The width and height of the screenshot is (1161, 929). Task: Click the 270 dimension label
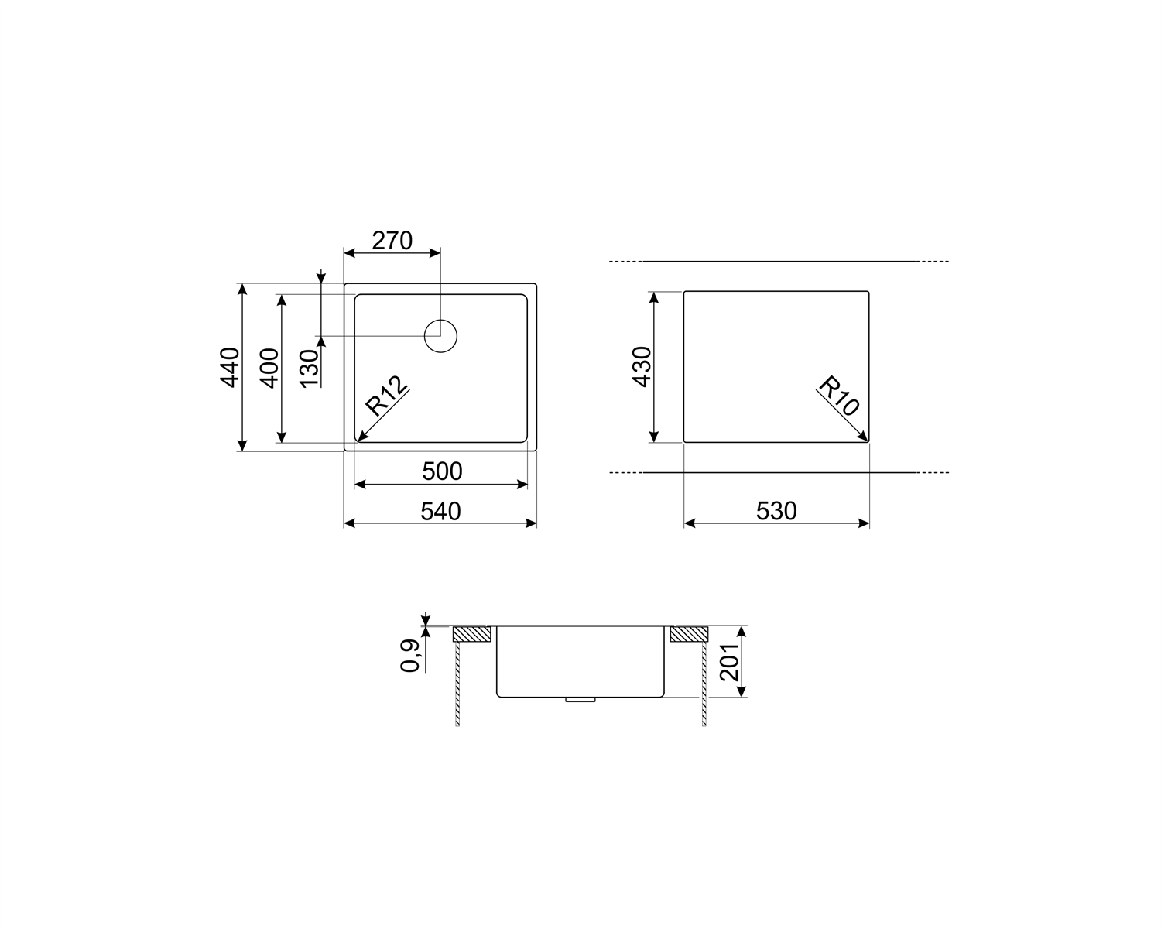392,241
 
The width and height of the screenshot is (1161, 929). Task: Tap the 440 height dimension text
229,367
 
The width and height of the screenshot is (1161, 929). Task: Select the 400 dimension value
270,369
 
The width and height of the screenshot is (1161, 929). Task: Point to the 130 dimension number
310,369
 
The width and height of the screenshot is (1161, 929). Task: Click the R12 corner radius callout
386,395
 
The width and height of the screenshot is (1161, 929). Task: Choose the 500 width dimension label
442,471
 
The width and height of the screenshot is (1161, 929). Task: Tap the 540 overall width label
440,511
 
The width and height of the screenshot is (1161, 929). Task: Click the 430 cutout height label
642,366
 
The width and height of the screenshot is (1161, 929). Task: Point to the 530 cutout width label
776,511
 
